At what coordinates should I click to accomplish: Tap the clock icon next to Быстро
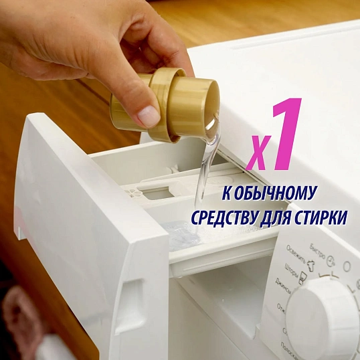(330, 266)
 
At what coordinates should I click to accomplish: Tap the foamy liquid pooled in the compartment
(184, 232)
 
